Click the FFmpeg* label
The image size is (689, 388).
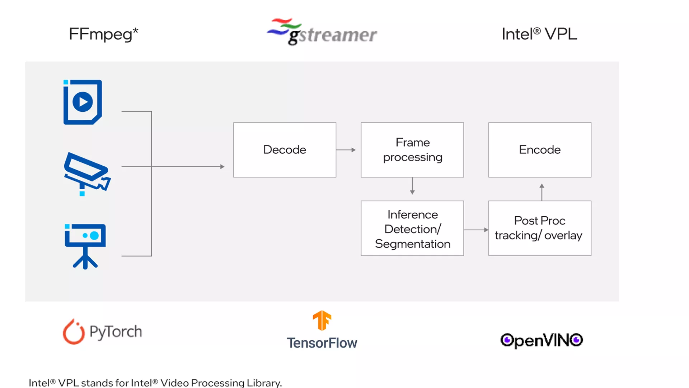(x=103, y=34)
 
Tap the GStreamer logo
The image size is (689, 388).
(x=322, y=32)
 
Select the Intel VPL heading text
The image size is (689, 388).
(x=539, y=34)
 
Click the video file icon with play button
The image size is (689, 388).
(x=83, y=102)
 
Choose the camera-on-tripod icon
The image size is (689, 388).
(x=85, y=246)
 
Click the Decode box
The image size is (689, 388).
(x=285, y=150)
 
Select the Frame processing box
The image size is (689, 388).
(x=412, y=150)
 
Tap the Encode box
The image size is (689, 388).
(x=540, y=150)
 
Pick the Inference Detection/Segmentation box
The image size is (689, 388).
(x=412, y=228)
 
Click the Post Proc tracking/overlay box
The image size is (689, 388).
(x=540, y=228)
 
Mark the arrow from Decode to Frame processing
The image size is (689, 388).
(x=346, y=150)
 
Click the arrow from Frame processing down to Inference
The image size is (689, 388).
(x=412, y=186)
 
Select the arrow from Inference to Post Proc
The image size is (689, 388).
(x=476, y=230)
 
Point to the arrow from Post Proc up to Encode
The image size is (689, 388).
(x=542, y=192)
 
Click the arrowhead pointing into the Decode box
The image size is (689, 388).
(x=222, y=167)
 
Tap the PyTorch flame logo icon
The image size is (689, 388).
(x=74, y=332)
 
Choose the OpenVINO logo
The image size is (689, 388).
(x=542, y=340)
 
